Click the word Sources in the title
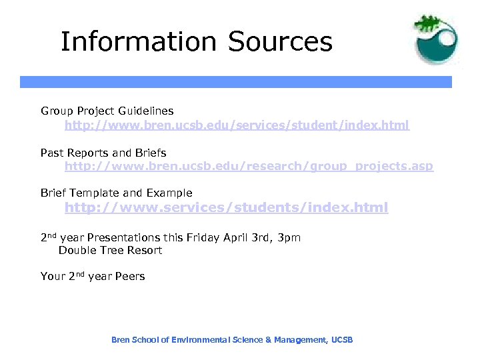coord(280,41)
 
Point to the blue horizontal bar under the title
coord(235,82)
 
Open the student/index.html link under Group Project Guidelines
coord(237,125)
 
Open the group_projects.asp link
coord(249,166)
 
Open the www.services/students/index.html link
coord(226,207)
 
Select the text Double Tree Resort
coord(111,251)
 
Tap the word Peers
coord(131,276)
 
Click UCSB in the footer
coord(341,340)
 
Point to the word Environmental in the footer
coord(198,340)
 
